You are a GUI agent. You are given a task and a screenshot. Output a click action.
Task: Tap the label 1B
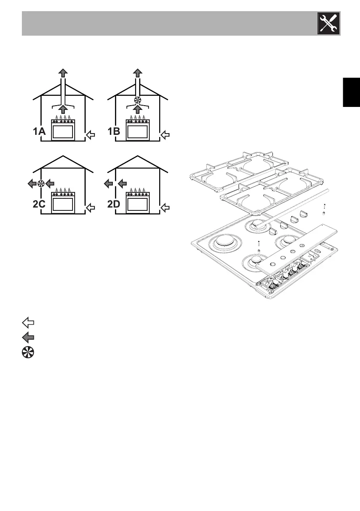pyautogui.click(x=114, y=133)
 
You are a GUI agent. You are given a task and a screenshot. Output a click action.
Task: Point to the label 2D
pyautogui.click(x=115, y=205)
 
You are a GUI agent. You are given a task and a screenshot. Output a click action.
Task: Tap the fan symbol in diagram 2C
pyautogui.click(x=41, y=184)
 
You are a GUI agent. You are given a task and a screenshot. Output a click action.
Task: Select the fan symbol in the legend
pyautogui.click(x=28, y=351)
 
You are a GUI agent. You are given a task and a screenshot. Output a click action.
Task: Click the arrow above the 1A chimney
pyautogui.click(x=64, y=73)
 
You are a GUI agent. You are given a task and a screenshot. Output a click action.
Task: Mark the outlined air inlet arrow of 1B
pyautogui.click(x=165, y=136)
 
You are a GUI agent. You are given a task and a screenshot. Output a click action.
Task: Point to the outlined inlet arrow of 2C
pyautogui.click(x=91, y=208)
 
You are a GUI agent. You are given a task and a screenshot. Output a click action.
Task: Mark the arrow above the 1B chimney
pyautogui.click(x=138, y=73)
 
